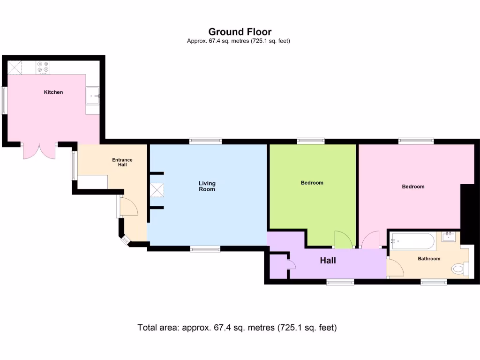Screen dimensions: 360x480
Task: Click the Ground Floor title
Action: (x=240, y=32)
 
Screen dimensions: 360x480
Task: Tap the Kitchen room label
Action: (x=53, y=92)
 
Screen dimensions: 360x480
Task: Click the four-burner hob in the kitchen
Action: (x=44, y=67)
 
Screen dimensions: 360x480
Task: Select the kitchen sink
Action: (x=92, y=96)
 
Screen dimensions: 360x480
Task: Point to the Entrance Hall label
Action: (x=122, y=162)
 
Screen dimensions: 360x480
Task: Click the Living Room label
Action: (x=207, y=186)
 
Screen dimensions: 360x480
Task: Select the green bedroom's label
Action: (x=312, y=183)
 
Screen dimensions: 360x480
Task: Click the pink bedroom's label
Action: (x=413, y=187)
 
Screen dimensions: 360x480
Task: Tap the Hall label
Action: (x=328, y=260)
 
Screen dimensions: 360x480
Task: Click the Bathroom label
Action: (x=429, y=259)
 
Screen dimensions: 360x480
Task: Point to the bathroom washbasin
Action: (x=449, y=236)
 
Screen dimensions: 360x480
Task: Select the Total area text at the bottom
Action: (x=237, y=328)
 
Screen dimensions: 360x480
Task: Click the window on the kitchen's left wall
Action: (x=4, y=100)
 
